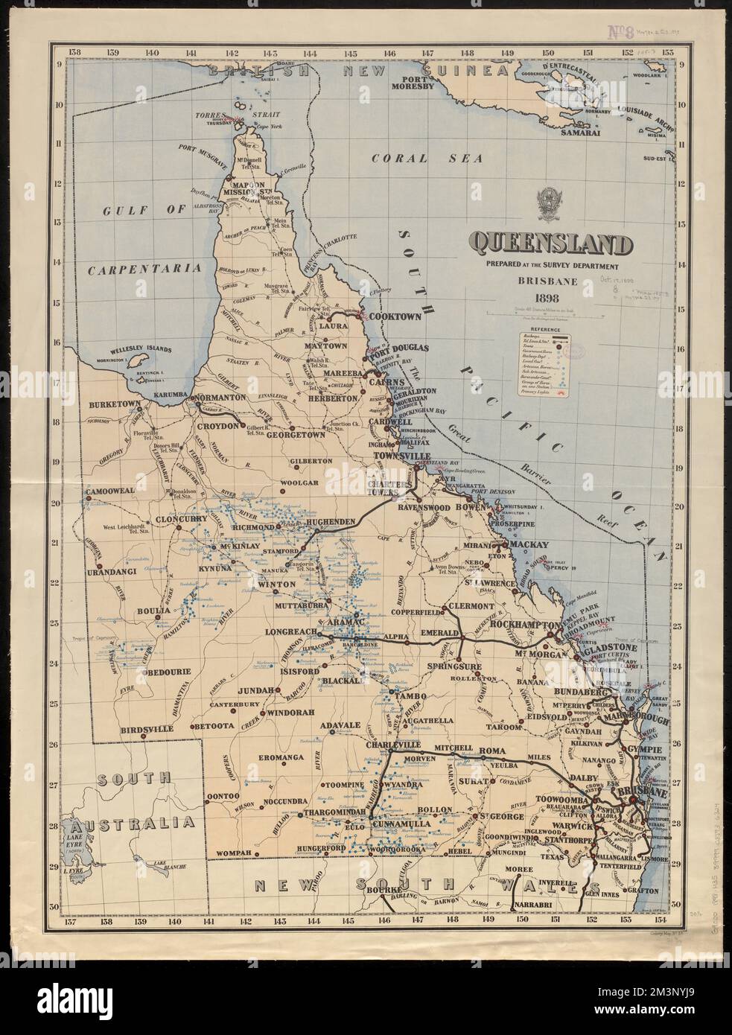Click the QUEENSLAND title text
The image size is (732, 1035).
coord(552,243)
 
